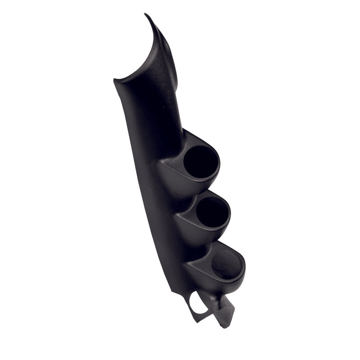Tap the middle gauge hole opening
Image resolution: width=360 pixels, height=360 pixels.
tap(212, 212)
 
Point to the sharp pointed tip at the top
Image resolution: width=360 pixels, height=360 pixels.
tap(146, 15)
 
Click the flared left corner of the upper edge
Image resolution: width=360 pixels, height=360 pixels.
tap(115, 81)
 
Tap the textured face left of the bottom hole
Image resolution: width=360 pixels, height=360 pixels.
tap(202, 263)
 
